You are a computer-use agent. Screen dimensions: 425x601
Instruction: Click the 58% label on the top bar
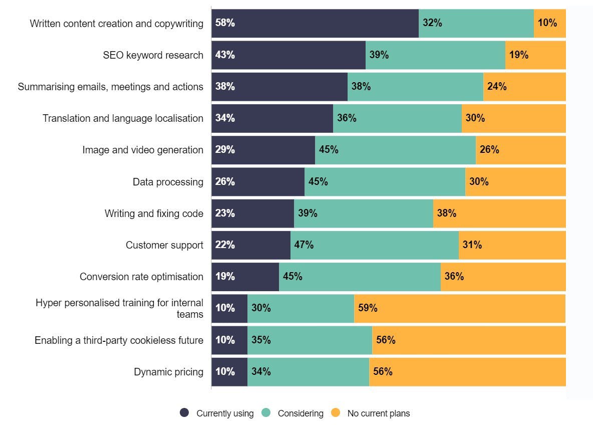pos(225,23)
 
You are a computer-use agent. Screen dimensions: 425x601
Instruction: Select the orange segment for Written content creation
pos(549,23)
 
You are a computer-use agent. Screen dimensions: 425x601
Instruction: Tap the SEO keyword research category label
pos(153,55)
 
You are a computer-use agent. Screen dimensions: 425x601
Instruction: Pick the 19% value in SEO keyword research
pos(519,55)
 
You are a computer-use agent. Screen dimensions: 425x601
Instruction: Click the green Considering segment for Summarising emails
pos(415,87)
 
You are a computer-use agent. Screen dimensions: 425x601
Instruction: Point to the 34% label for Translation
pos(225,118)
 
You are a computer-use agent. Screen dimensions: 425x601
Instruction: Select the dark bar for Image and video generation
pos(263,150)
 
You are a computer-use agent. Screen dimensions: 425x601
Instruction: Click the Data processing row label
pos(168,182)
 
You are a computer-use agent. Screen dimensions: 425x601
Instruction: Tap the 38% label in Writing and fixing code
pos(446,214)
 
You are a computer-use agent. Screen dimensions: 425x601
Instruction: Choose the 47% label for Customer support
pos(304,245)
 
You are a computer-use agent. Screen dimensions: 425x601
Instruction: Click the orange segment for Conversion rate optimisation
pos(503,277)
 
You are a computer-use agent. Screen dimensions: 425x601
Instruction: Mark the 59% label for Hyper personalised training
pos(368,308)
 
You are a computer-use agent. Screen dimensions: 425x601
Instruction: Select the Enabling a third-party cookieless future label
pos(119,340)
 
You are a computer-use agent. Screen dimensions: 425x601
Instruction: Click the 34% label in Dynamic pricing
pos(261,372)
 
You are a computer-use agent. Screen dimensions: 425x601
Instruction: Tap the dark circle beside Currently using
pos(185,413)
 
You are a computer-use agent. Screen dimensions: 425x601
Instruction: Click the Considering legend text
pos(300,413)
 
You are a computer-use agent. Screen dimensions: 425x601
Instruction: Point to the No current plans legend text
pos(378,413)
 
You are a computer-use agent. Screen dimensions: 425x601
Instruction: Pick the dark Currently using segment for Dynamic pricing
pos(229,372)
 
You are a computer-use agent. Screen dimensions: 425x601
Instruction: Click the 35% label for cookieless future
pos(261,340)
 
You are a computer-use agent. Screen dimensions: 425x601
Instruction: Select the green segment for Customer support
pos(374,245)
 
